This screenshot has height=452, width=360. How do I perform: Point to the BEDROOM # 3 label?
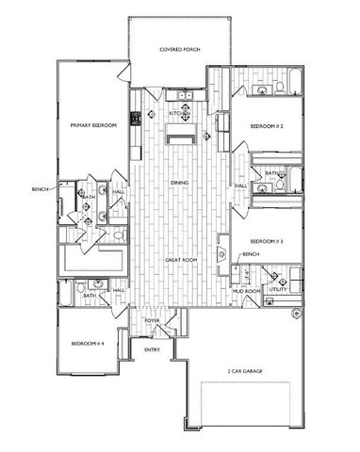(267, 242)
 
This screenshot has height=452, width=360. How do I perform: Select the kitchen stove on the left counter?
(136, 118)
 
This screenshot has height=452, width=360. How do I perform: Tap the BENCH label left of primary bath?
(40, 189)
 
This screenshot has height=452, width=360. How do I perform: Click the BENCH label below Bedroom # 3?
(251, 254)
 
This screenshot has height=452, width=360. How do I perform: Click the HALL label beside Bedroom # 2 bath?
(241, 186)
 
